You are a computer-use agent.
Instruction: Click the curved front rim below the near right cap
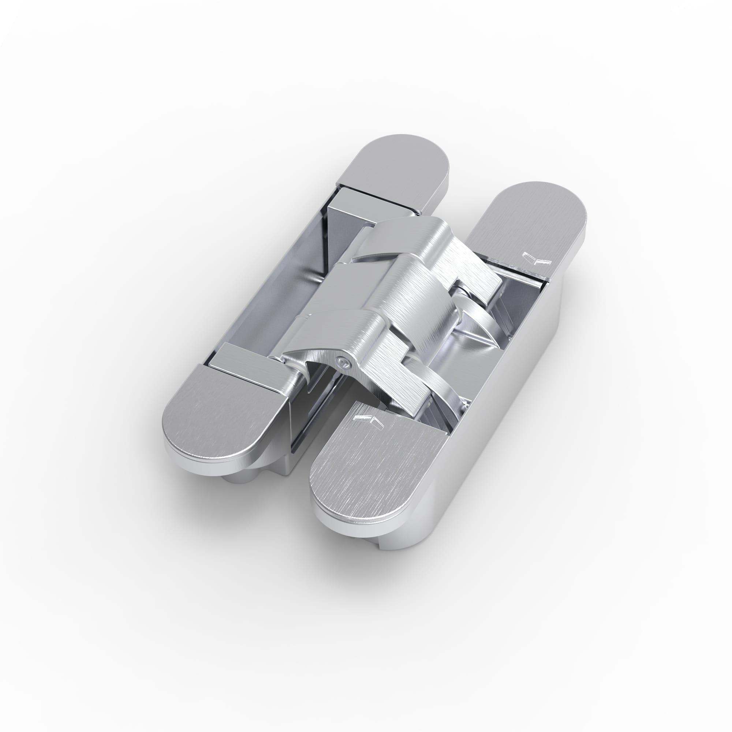click(352, 530)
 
